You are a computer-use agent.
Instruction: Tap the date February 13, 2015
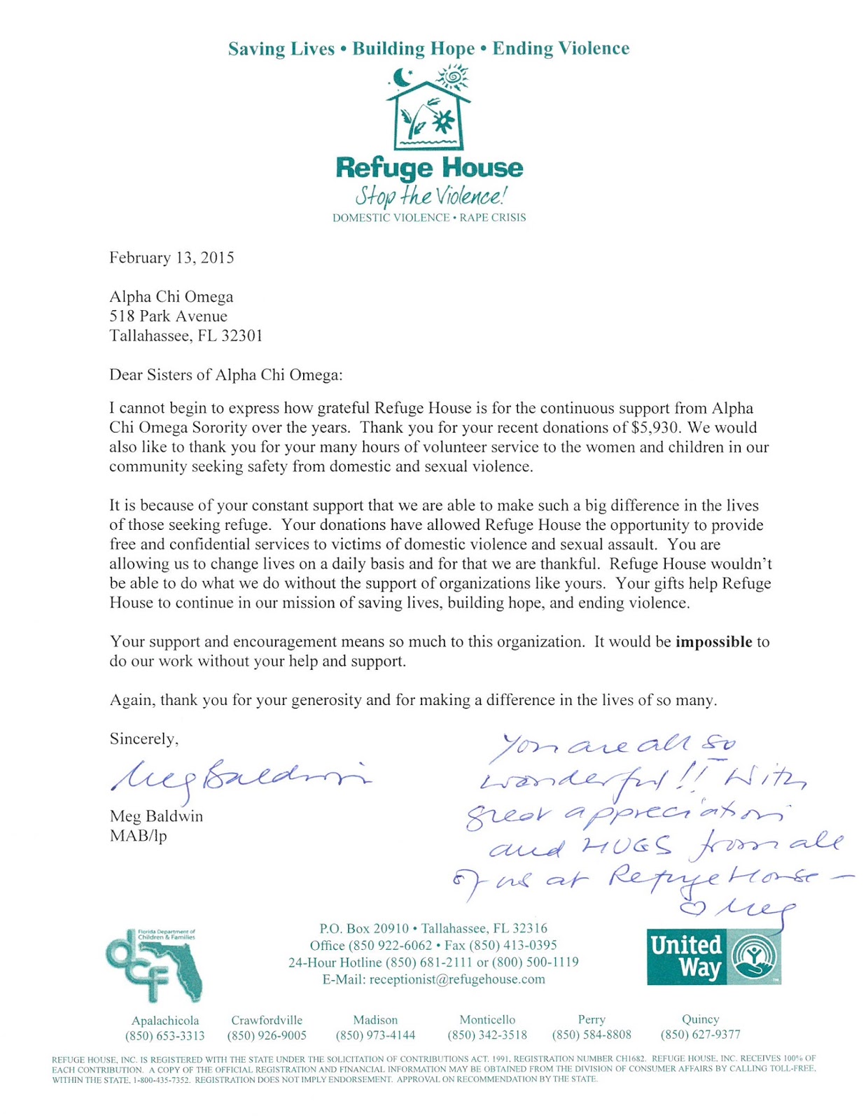(172, 258)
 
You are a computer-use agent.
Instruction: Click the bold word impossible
(713, 642)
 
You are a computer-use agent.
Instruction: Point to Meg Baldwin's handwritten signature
(238, 777)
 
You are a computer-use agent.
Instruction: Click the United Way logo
(713, 956)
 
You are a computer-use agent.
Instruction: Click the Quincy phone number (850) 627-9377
(700, 1035)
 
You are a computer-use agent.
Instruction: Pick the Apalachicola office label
(165, 1021)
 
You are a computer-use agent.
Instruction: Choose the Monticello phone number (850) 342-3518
(487, 1035)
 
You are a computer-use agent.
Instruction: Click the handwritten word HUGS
(627, 847)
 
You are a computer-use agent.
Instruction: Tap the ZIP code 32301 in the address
(242, 336)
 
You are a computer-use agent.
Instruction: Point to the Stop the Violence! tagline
(430, 195)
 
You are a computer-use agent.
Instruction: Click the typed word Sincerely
(144, 739)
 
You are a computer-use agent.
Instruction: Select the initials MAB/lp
(138, 836)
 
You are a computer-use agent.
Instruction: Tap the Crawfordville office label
(267, 1021)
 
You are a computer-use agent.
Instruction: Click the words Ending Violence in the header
(561, 48)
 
